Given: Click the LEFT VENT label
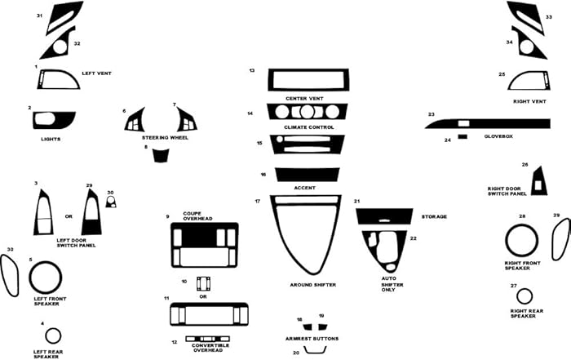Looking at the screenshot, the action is click(96, 73).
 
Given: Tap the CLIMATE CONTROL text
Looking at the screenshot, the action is click(310, 128).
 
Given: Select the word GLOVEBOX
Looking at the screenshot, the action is click(498, 136).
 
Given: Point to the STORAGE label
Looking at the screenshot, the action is click(434, 216).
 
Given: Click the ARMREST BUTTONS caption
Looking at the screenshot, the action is click(312, 338).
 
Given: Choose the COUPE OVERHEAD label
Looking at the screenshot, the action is click(197, 216).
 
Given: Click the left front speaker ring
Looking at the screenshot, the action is click(46, 278).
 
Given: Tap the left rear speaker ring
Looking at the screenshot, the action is click(53, 336).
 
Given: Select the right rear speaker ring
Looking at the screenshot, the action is click(524, 296).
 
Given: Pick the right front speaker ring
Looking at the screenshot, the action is click(522, 241).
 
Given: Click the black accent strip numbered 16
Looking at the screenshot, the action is click(307, 174).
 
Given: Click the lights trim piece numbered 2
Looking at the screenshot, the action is click(53, 120).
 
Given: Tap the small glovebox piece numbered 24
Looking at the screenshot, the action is click(462, 137).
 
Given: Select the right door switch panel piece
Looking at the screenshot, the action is click(538, 181).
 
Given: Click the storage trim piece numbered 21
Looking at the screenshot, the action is click(385, 216).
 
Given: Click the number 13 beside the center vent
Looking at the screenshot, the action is click(252, 71).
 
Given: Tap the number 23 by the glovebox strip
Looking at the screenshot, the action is click(431, 114).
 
